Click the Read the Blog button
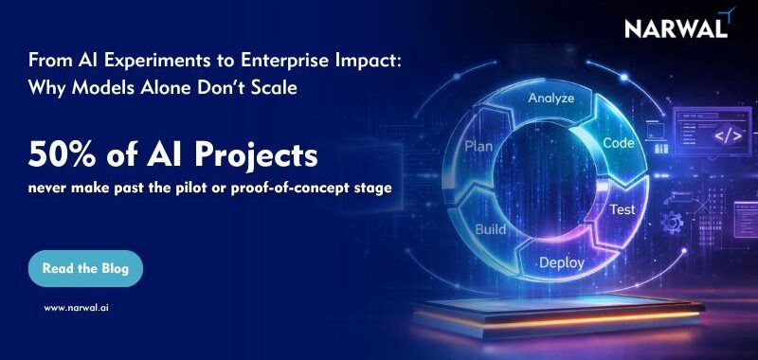pos(85,269)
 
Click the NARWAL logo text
pos(676,29)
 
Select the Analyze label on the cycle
pos(551,98)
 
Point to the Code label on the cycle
pos(618,143)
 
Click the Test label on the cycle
pos(622,209)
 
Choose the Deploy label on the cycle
pos(562,262)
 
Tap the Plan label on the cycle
pos(478,147)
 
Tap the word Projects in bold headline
pos(262,153)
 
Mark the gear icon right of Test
pos(676,223)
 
